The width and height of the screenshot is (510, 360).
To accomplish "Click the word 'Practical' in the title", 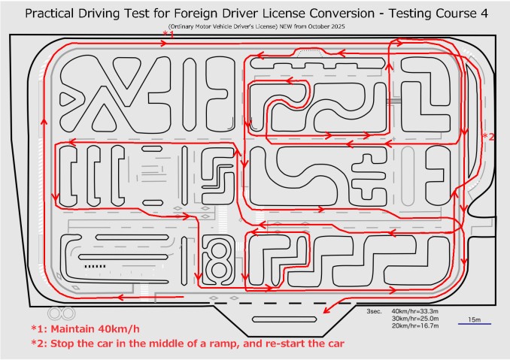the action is point(49,14).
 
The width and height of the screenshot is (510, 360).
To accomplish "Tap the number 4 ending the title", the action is point(484,14).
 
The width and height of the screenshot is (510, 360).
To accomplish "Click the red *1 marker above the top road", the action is point(168,34).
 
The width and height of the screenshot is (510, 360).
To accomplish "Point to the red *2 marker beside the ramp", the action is point(488,137).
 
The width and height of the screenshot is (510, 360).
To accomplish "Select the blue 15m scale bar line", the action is point(475,324).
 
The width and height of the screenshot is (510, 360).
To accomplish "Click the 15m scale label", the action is point(474,319).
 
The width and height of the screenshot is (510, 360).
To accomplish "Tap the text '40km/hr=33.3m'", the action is point(415,311).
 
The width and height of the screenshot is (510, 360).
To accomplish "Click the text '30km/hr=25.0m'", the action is point(415,319).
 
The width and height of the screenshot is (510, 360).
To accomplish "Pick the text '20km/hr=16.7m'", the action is point(415,325).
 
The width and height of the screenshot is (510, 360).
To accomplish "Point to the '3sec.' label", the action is point(374,311).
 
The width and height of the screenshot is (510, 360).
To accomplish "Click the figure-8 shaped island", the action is point(218,260).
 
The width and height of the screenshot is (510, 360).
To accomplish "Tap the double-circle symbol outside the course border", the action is point(62,313).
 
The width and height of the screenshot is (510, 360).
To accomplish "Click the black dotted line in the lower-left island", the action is point(96,266).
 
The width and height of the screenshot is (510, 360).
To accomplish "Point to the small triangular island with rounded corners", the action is point(68,99).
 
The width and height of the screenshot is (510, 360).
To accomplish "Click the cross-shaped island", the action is point(367,177).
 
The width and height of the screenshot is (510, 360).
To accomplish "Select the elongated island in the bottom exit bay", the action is point(284,319).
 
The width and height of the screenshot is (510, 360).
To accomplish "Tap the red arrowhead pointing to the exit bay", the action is point(326,310).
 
